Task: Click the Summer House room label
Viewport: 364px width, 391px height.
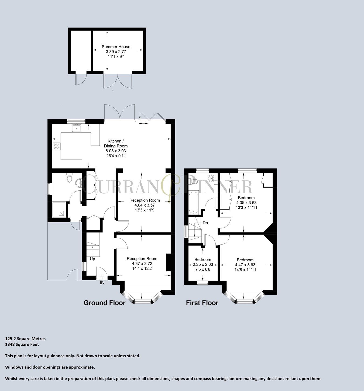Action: (x=116, y=47)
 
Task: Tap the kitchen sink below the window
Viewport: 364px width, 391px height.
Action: (x=77, y=128)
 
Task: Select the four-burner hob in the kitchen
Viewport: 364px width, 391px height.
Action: (x=57, y=146)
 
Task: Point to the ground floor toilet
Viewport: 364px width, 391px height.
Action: (x=70, y=178)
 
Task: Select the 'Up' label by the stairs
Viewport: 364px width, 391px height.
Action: (x=92, y=259)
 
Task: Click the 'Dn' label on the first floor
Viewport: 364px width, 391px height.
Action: (x=205, y=223)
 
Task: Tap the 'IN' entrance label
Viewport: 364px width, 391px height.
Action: (x=102, y=282)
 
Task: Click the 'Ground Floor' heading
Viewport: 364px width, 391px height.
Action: (x=104, y=303)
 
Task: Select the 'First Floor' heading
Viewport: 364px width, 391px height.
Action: (x=202, y=303)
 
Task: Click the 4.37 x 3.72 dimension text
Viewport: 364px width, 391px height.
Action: (x=142, y=264)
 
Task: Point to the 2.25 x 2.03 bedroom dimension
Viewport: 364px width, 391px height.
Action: (x=203, y=265)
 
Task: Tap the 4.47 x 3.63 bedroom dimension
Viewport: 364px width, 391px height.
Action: (x=245, y=265)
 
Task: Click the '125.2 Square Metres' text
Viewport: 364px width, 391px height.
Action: (x=25, y=339)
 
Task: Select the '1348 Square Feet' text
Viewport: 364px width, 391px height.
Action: (x=22, y=344)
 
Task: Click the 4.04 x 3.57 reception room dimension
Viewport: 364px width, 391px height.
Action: (x=145, y=205)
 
